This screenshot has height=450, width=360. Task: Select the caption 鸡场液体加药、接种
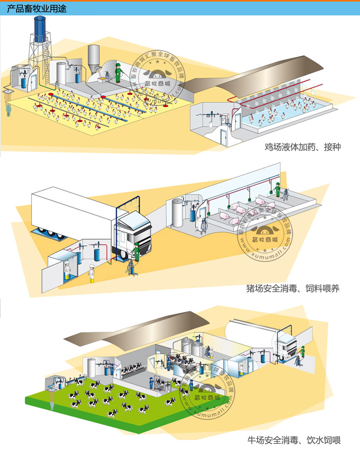click(302, 147)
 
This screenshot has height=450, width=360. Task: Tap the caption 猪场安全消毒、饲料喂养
click(293, 288)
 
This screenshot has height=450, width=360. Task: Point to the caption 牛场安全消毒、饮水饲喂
click(294, 440)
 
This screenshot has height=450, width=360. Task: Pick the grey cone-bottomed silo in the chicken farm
click(94, 58)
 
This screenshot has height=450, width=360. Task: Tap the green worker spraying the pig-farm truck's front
click(136, 252)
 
